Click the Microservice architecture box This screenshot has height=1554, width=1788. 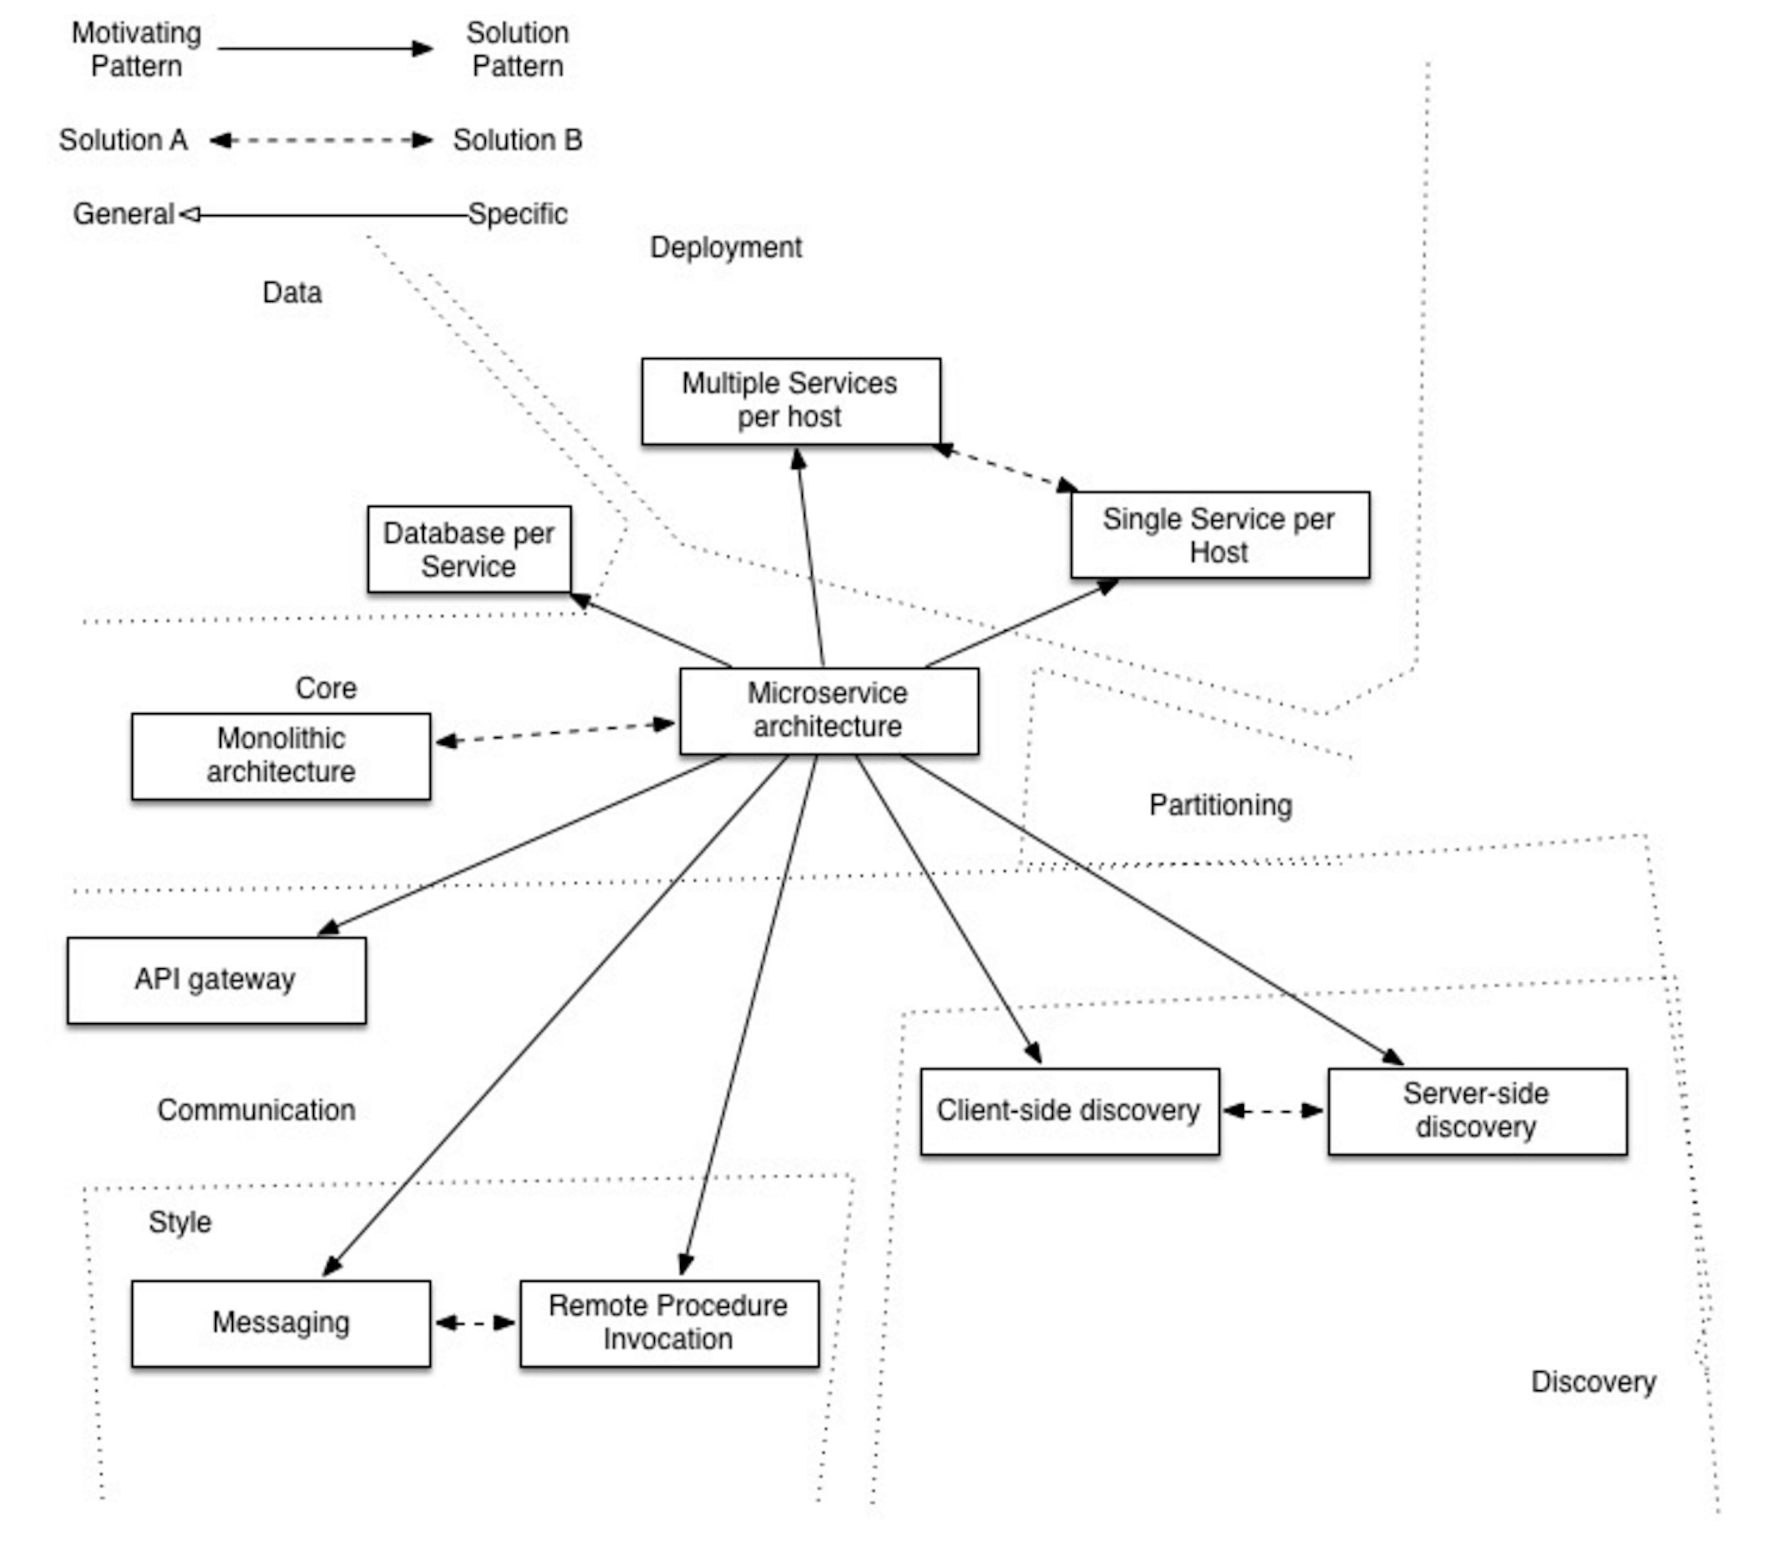(829, 711)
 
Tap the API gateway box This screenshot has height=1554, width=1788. (216, 980)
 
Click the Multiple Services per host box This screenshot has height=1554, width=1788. (790, 401)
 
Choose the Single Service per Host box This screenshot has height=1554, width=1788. (1219, 535)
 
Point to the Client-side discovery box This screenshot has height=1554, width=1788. (1069, 1111)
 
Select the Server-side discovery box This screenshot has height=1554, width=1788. (1476, 1111)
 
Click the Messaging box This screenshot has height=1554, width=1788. (281, 1324)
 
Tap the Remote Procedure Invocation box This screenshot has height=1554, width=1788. (669, 1324)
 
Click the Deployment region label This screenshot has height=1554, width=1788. (726, 247)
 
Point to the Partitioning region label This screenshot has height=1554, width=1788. (1220, 805)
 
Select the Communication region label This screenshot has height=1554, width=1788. (256, 1110)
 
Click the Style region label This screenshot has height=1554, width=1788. (179, 1222)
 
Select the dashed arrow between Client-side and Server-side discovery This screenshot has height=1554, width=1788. (1273, 1111)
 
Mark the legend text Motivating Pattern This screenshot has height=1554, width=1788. (136, 49)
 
